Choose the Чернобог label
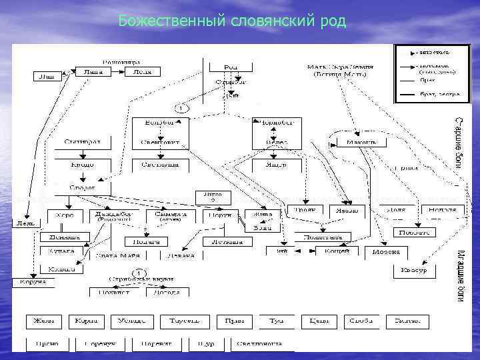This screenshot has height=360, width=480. point(276,123)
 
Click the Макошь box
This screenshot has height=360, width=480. point(361,142)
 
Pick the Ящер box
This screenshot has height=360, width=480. point(276,163)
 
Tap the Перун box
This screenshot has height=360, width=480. point(224,215)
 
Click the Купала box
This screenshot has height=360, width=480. point(65,251)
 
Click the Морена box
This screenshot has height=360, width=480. point(386,251)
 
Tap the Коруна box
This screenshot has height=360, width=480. point(32,282)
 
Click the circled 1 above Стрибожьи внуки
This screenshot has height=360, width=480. point(139,273)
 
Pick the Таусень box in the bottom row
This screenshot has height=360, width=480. point(184,321)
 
